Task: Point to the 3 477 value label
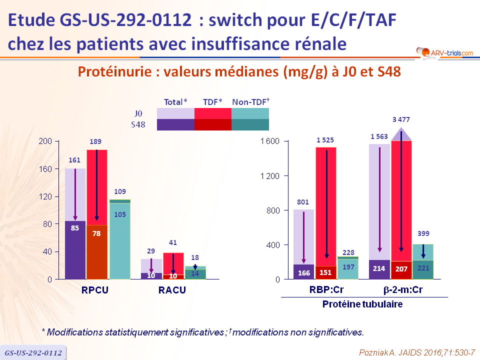pos(401,119)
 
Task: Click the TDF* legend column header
pos(212,101)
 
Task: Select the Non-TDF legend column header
pos(250,101)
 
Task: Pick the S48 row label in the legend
pos(137,124)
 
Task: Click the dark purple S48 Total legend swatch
pos(175,124)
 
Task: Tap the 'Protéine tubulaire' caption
pos(362,304)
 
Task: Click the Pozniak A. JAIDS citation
pos(417,352)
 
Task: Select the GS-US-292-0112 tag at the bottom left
pos(33,352)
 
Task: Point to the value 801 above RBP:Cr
pos(303,202)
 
